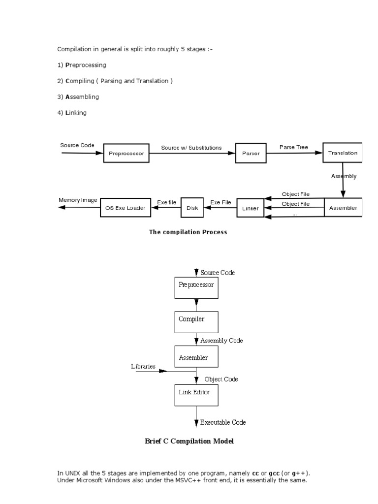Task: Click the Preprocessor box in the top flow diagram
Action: pyautogui.click(x=126, y=153)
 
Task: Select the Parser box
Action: pyautogui.click(x=251, y=153)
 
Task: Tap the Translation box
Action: pyautogui.click(x=343, y=153)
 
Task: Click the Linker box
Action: pyautogui.click(x=251, y=208)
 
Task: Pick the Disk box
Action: pyautogui.click(x=192, y=208)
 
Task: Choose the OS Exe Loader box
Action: pyautogui.click(x=126, y=208)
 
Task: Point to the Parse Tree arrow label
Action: pyautogui.click(x=294, y=147)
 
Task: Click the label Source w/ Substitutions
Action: pyautogui.click(x=191, y=148)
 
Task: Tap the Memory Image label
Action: pyautogui.click(x=78, y=200)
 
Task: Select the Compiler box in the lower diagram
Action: pyautogui.click(x=196, y=322)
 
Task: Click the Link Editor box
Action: pyautogui.click(x=196, y=395)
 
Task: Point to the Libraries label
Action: pyautogui.click(x=143, y=366)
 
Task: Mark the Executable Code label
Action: pyautogui.click(x=223, y=422)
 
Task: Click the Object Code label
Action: pyautogui.click(x=221, y=379)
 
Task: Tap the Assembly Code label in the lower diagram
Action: pyautogui.click(x=221, y=341)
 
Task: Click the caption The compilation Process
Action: pyautogui.click(x=188, y=232)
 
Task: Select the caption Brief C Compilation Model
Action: pyautogui.click(x=189, y=441)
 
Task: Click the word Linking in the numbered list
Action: pyautogui.click(x=76, y=113)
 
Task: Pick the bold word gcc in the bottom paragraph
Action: pyautogui.click(x=274, y=473)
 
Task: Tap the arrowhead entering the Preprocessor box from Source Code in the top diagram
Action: pyautogui.click(x=99, y=153)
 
